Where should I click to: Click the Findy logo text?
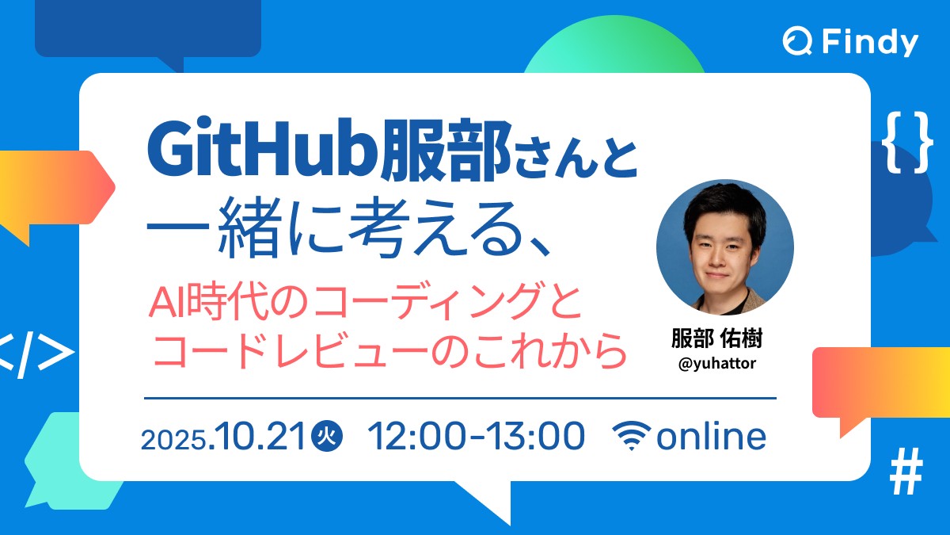click(869, 42)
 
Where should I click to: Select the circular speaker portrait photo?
click(725, 247)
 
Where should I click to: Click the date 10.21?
click(260, 437)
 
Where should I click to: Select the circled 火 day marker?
click(327, 437)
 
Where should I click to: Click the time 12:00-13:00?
click(477, 437)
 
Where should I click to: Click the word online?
click(711, 437)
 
